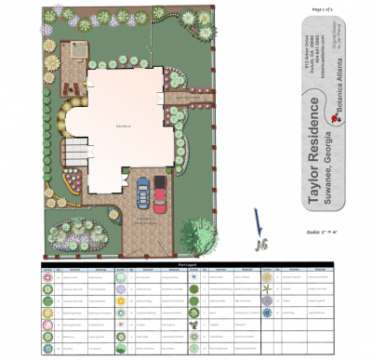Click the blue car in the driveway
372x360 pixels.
[143, 193]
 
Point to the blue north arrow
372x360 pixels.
[258, 222]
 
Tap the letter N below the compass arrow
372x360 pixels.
[263, 245]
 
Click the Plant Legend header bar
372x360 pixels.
[186, 263]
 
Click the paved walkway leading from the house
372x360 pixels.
[186, 94]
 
